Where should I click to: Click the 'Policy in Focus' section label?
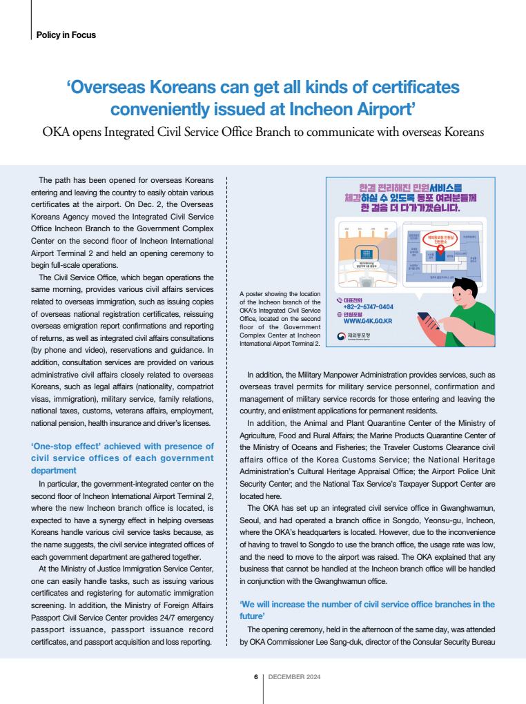tap(66, 35)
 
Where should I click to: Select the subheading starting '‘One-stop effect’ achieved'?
tap(122, 458)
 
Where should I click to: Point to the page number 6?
tap(256, 677)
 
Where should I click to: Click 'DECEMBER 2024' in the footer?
tap(294, 677)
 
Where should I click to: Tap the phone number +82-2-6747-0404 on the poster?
tap(368, 306)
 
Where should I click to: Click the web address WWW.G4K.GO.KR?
tap(368, 321)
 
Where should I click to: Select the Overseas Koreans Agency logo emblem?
tap(342, 336)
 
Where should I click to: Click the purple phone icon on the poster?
tap(338, 300)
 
